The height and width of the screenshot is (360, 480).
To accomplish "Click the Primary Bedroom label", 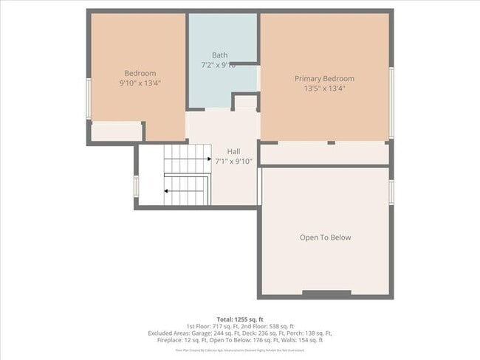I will (x=324, y=79).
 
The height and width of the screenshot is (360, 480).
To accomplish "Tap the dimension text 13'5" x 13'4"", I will (x=324, y=89).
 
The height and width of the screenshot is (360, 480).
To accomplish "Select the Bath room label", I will (x=219, y=55).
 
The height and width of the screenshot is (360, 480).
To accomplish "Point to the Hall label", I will (x=233, y=151).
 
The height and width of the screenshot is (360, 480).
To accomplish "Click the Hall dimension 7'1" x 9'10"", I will (x=233, y=161).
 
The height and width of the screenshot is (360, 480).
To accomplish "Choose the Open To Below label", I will (x=325, y=238).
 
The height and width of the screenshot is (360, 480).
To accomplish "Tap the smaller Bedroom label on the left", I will (x=140, y=73).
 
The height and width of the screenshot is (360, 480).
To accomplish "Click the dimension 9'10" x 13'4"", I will (x=140, y=83).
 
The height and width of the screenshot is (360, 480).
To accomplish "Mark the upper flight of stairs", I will (x=187, y=158).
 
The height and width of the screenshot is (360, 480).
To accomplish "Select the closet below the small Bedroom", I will (x=116, y=131).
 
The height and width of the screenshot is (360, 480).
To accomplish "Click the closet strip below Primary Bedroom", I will (x=324, y=153).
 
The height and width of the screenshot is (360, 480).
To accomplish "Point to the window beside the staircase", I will (x=136, y=185).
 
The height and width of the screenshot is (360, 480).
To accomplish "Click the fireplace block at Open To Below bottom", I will (x=326, y=294).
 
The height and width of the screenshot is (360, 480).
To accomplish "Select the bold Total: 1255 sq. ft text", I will (x=240, y=318).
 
